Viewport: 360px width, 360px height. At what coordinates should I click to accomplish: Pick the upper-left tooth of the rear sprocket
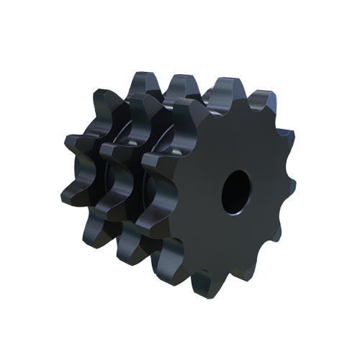click(x=104, y=97)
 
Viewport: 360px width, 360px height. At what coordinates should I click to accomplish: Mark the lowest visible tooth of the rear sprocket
click(x=94, y=230)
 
